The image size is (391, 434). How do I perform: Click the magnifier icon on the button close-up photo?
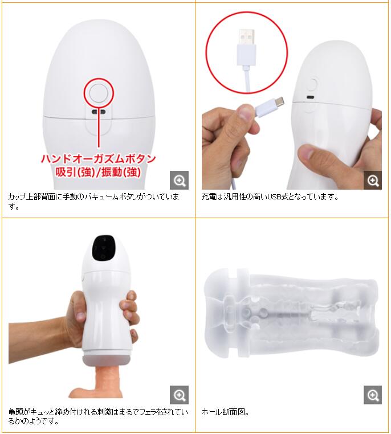pos(179,181)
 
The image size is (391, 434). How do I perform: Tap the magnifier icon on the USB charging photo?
pos(373,181)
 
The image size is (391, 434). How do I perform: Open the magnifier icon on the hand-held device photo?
pos(179,395)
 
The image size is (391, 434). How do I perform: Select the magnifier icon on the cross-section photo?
pos(373,395)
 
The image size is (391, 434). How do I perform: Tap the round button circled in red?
pos(99,93)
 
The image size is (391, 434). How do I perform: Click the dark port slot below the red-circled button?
pos(99,112)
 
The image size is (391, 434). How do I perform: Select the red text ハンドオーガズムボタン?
pos(99,158)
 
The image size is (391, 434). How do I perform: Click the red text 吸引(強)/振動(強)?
pos(98,172)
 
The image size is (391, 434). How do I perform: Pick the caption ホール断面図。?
pos(225,412)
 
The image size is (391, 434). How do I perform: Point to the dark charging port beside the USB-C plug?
pos(310,97)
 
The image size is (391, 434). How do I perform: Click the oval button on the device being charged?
pos(313,84)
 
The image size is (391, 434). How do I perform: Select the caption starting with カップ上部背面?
pos(93,201)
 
